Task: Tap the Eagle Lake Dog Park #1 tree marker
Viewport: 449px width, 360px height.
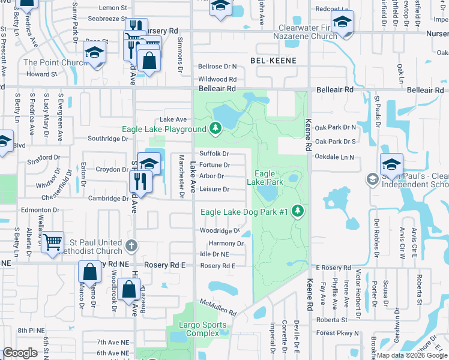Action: (x=297, y=211)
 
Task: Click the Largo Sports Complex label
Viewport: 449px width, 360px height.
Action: (x=206, y=329)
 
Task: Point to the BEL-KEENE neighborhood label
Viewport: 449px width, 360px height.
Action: (x=276, y=61)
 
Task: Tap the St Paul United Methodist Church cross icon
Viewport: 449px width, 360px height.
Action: (x=131, y=244)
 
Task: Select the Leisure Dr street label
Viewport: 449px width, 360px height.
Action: (x=214, y=190)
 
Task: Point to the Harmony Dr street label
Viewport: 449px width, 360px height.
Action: (x=226, y=244)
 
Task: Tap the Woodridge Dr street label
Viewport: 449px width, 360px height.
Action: (x=220, y=230)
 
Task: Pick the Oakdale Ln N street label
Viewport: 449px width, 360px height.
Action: (x=334, y=157)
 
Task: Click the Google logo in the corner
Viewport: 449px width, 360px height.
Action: (x=20, y=353)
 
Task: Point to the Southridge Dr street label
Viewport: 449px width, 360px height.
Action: (x=108, y=139)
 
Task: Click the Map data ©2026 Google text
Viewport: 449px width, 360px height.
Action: (x=412, y=355)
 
